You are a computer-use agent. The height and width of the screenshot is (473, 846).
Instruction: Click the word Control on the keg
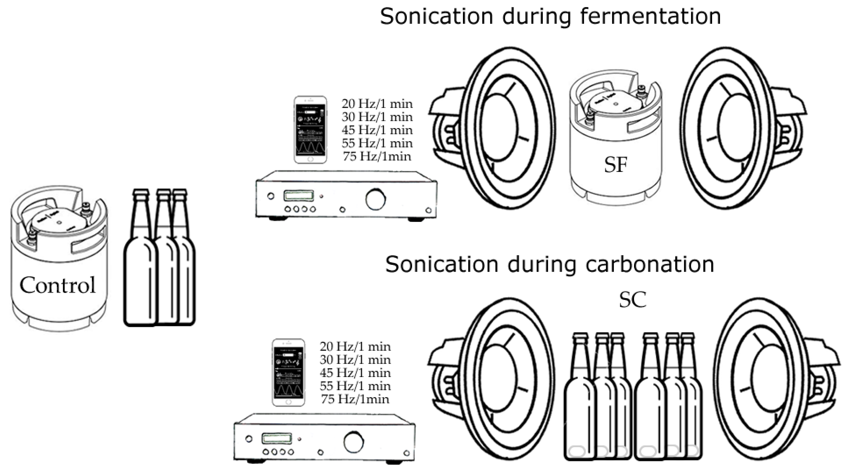point(57,285)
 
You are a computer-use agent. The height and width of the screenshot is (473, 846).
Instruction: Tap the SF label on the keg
point(615,165)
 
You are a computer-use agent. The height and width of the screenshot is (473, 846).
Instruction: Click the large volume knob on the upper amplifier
point(375,199)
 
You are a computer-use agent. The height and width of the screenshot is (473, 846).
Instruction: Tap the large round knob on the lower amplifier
point(353,442)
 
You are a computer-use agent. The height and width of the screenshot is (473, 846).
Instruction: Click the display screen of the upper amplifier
point(298,196)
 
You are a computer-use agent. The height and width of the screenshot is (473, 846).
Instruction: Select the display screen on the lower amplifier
point(276,439)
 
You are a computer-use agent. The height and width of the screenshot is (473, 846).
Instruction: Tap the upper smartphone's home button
point(310,159)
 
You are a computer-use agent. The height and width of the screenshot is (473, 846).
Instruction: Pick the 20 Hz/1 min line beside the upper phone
point(377,104)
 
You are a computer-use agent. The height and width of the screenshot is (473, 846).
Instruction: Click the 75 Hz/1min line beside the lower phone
point(355,400)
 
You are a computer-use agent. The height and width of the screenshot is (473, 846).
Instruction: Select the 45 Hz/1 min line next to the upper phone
point(377,130)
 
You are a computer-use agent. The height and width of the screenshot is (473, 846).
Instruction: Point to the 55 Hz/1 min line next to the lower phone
point(355,386)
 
